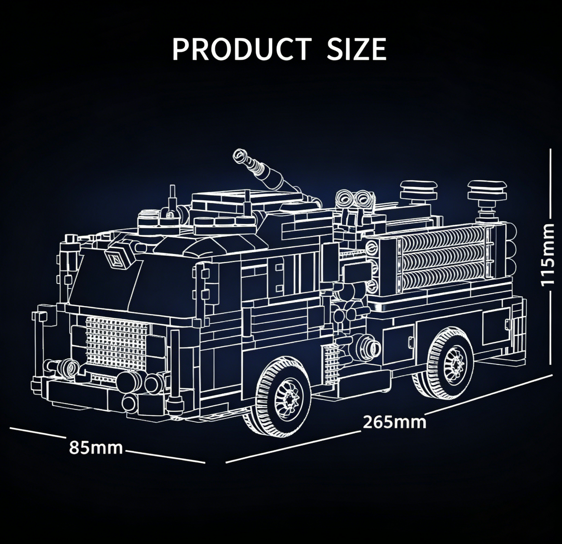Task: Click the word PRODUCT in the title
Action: (x=242, y=49)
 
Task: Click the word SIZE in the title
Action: (x=356, y=49)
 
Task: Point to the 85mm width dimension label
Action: (x=96, y=447)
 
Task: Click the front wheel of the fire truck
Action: (x=285, y=397)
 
